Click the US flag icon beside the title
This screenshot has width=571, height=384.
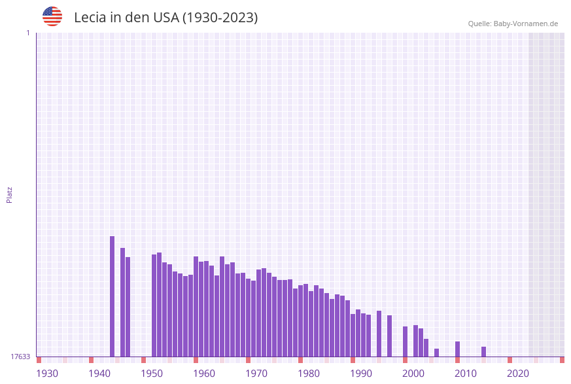(52, 16)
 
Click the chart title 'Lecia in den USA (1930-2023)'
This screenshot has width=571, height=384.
(165, 18)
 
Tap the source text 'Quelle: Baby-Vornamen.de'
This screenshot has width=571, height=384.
(513, 24)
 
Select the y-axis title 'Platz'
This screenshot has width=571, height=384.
(9, 194)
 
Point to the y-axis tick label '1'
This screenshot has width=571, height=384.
(27, 33)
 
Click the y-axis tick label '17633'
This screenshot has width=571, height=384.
(20, 357)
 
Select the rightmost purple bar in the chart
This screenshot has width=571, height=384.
(483, 351)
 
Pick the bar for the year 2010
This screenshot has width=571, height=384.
(457, 349)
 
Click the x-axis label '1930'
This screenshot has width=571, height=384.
(47, 374)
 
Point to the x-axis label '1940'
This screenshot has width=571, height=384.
(99, 374)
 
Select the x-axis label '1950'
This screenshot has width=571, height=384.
(152, 374)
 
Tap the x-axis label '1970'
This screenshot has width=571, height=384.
(256, 374)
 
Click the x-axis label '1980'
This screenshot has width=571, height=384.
(309, 374)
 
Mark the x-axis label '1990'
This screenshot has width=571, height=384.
(361, 374)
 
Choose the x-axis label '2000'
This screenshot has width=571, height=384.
(413, 374)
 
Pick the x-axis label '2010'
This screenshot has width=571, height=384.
(466, 374)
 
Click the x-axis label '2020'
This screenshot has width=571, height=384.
(518, 374)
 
